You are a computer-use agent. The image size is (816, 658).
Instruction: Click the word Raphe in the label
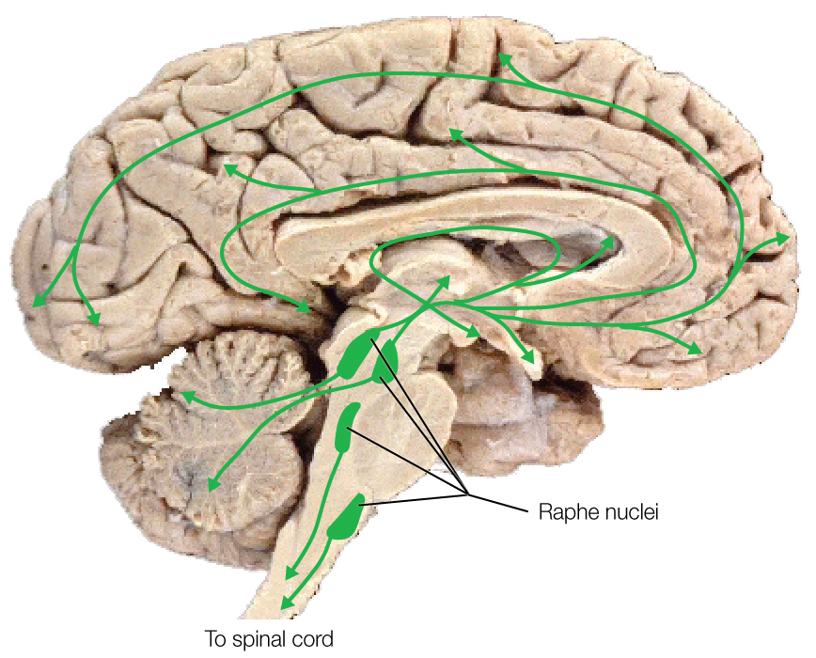coord(561,514)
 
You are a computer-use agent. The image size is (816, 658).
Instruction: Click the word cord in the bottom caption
coord(313,640)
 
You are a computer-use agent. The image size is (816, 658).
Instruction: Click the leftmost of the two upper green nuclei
coord(356,354)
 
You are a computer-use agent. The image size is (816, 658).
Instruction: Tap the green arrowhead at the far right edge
coord(784,239)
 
